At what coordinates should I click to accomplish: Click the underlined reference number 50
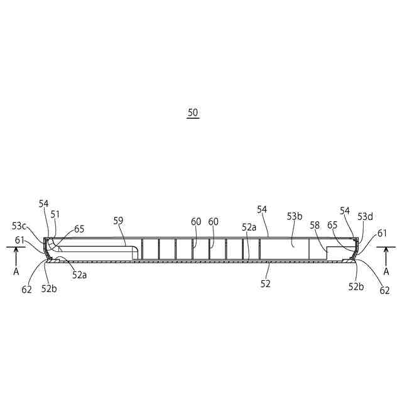(193, 113)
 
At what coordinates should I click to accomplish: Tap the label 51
(55, 214)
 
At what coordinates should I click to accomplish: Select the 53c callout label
(19, 225)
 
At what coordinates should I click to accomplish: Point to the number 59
(119, 220)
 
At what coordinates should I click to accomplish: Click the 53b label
(295, 217)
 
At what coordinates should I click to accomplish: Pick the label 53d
(366, 217)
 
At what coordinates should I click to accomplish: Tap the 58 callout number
(314, 224)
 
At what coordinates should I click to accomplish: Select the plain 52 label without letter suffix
(266, 284)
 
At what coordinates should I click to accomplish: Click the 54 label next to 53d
(345, 211)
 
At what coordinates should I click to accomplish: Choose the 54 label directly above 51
(43, 204)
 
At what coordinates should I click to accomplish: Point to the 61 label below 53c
(21, 239)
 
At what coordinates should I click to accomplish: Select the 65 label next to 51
(79, 229)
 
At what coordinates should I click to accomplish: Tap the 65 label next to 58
(333, 224)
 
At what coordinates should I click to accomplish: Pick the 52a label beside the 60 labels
(249, 227)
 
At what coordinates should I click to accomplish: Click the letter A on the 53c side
(16, 272)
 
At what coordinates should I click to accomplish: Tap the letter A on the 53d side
(386, 271)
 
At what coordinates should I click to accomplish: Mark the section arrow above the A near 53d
(386, 254)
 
